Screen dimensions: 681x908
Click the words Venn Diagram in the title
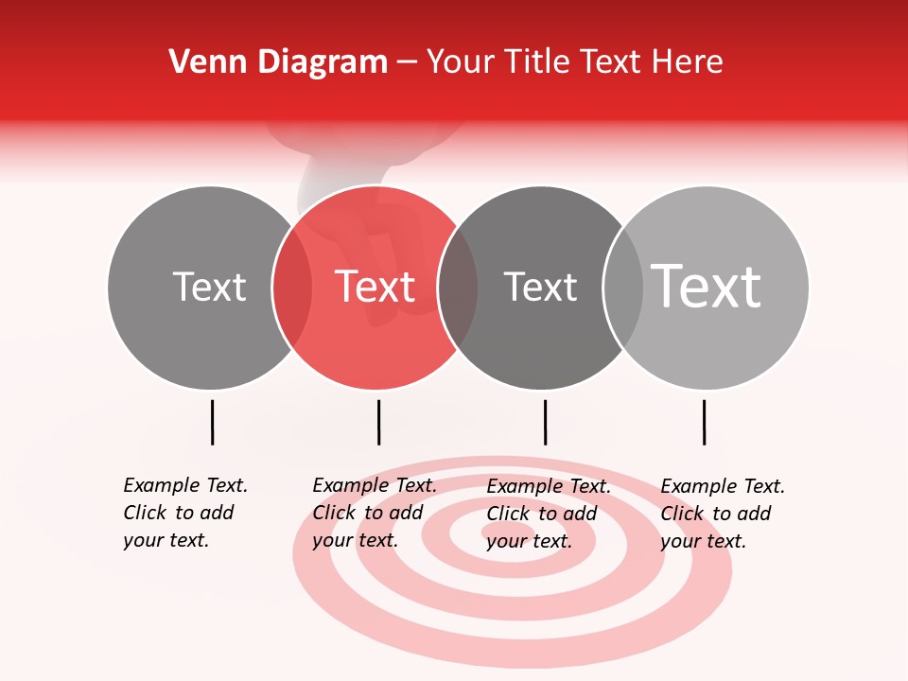(278, 61)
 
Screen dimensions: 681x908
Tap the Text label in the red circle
(375, 287)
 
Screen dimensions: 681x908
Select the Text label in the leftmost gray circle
(209, 287)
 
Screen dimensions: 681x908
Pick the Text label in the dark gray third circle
(540, 287)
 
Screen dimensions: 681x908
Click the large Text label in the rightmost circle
(707, 287)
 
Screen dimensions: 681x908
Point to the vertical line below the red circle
(378, 422)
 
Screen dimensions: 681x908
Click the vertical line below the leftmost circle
(213, 422)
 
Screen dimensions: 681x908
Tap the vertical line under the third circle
(545, 422)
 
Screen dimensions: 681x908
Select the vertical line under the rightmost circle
(704, 422)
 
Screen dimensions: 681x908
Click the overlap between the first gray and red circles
(292, 288)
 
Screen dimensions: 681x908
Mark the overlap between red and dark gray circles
(458, 288)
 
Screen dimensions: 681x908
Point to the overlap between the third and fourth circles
(623, 288)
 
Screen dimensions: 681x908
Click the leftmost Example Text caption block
(185, 514)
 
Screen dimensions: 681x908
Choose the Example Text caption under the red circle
(375, 514)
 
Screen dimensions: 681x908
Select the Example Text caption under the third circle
(549, 514)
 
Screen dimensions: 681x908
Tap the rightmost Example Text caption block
(723, 514)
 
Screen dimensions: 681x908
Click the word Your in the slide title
(461, 61)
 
